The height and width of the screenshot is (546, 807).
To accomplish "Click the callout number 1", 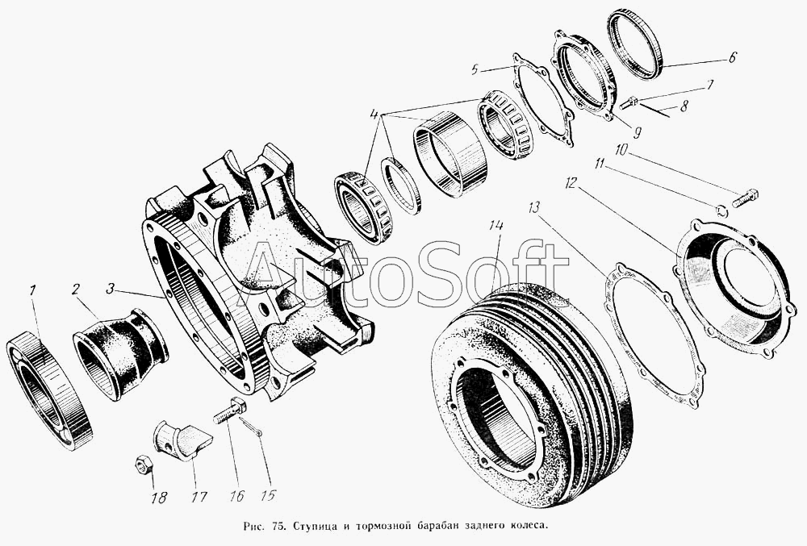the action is click(x=32, y=291).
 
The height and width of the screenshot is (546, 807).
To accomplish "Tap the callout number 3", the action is click(x=110, y=289).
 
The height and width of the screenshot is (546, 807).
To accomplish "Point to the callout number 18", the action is click(x=159, y=497).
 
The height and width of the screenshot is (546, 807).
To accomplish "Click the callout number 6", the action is click(x=733, y=56).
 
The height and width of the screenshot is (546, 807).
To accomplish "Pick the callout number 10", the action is click(x=621, y=150).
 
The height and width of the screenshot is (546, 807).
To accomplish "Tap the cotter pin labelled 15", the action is click(x=251, y=427).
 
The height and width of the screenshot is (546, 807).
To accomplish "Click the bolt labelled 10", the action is click(x=745, y=198).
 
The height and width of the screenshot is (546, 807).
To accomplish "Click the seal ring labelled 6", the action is click(x=634, y=44).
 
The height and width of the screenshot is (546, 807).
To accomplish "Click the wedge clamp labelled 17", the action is click(x=182, y=438).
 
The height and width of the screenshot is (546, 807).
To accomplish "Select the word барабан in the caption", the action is click(x=437, y=527).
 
